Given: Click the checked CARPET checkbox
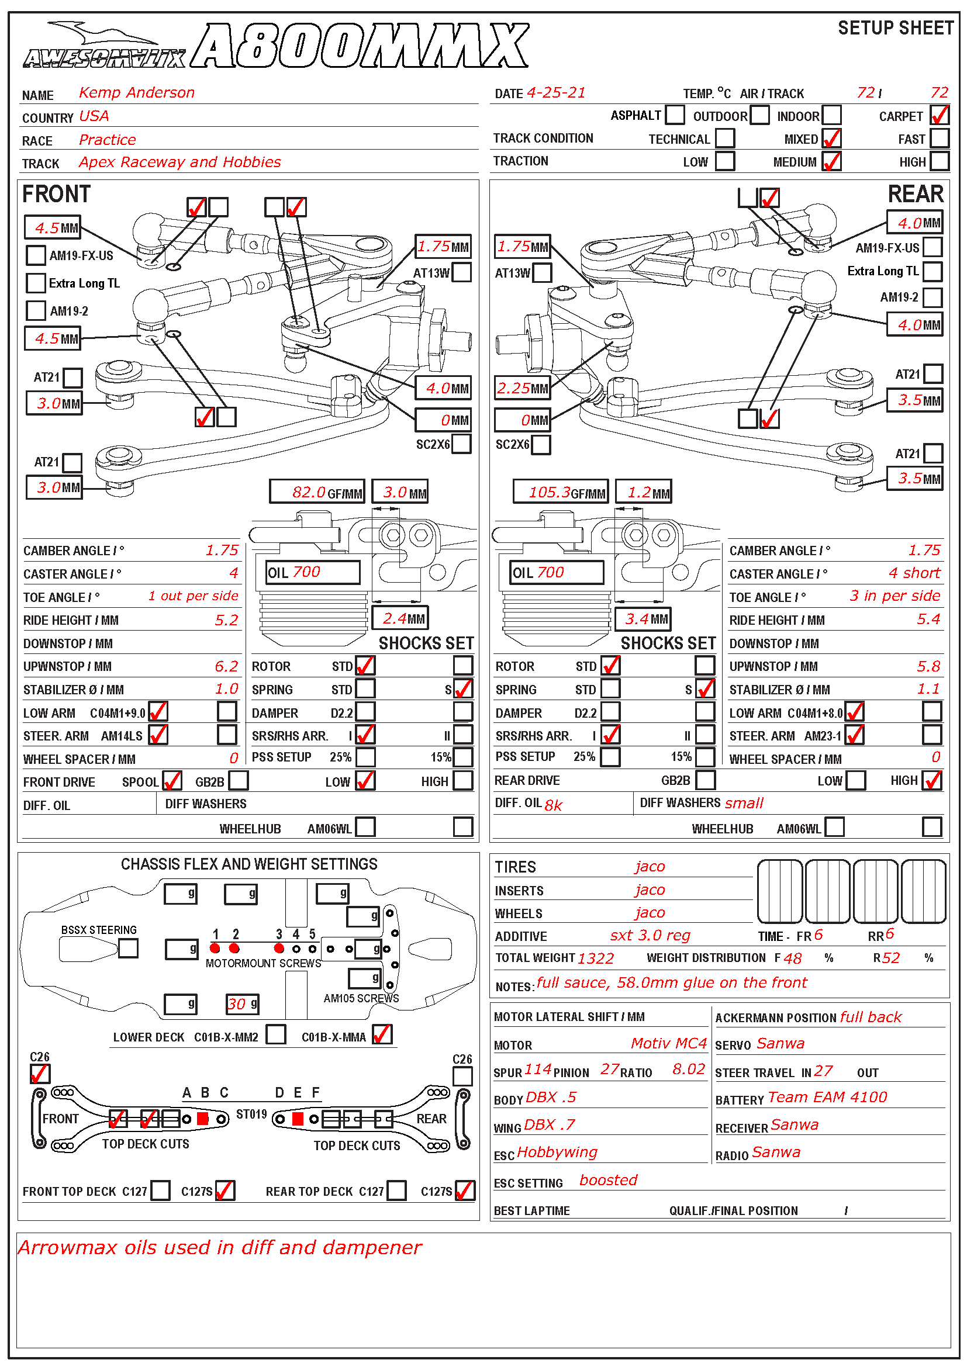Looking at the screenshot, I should coord(939,115).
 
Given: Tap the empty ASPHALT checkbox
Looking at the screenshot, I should coord(675,115).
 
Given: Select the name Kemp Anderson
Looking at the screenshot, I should coord(136,92).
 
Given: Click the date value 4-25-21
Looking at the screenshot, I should coord(556,93).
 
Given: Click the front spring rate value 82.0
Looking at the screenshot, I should coord(309,492).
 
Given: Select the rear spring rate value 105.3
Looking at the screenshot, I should coord(550,492).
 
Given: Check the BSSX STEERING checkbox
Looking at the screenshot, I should coord(128,949).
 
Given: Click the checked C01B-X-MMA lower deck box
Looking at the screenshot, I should coord(382,1035).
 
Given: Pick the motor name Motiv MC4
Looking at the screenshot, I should coord(668,1044).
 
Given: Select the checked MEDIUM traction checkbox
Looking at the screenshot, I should coord(831,161).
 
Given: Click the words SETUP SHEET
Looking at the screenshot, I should coord(895,28).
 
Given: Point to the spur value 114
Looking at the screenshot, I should coord(538,1070).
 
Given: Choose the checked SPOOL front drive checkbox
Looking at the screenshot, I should coord(172,781).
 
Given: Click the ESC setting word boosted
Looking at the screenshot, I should coord(608,1181).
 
